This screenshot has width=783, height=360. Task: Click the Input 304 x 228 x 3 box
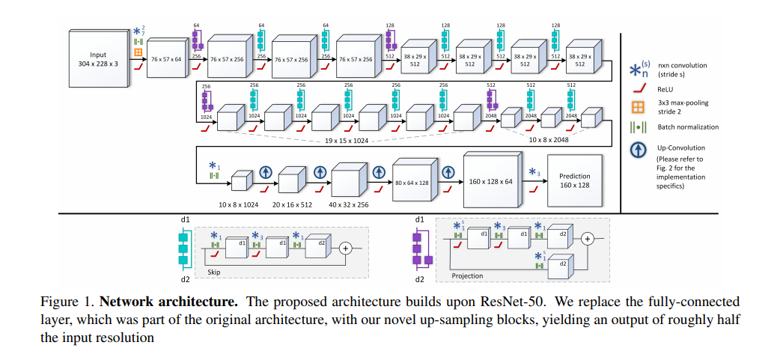pyautogui.click(x=98, y=59)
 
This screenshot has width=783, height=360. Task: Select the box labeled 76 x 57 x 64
pyautogui.click(x=165, y=58)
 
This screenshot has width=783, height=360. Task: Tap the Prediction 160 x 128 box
pyautogui.click(x=574, y=180)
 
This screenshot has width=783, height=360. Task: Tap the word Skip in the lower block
pyautogui.click(x=216, y=274)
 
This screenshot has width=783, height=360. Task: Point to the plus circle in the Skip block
pyautogui.click(x=346, y=247)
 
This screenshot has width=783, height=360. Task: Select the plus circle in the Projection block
pyautogui.click(x=588, y=239)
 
